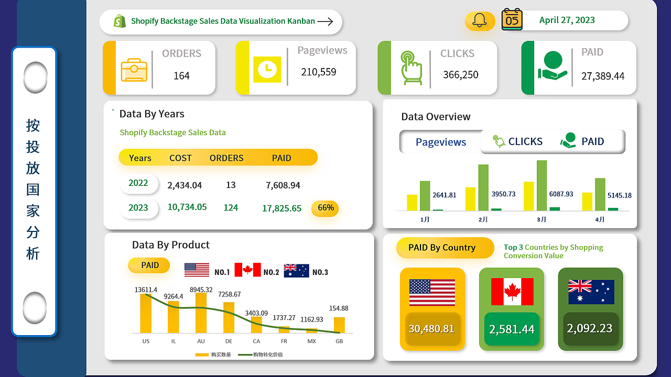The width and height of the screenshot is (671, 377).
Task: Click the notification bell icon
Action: (x=480, y=20)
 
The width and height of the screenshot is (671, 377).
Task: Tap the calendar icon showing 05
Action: (x=512, y=19)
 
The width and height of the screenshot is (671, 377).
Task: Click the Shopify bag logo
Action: (x=120, y=21)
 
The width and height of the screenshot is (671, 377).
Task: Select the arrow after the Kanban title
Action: (x=325, y=21)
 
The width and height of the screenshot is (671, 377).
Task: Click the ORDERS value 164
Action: (x=181, y=76)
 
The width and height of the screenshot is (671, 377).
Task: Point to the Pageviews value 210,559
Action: (x=319, y=72)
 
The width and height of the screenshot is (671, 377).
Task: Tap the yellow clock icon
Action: (x=267, y=68)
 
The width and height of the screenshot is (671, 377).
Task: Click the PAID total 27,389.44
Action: (x=603, y=76)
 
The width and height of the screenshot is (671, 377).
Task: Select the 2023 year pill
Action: (x=138, y=208)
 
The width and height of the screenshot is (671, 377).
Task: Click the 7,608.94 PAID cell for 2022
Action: (x=283, y=185)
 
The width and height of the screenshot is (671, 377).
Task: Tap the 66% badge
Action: (x=326, y=208)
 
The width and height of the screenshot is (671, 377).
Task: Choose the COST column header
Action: (x=180, y=158)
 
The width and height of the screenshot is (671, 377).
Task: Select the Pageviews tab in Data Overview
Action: (x=441, y=142)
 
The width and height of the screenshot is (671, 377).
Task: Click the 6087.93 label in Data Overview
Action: (x=561, y=194)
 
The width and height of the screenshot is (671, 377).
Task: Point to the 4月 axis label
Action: (x=600, y=220)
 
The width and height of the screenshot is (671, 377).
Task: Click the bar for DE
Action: (x=229, y=317)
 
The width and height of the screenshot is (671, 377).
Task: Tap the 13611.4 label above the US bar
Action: (x=146, y=290)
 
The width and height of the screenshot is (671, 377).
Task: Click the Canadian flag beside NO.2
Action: (x=247, y=270)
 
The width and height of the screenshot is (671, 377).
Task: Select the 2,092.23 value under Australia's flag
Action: (x=590, y=329)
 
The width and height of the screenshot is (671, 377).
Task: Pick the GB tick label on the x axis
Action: (x=339, y=341)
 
